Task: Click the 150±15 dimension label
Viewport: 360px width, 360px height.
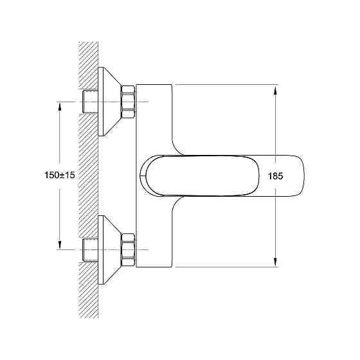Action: [x=60, y=175]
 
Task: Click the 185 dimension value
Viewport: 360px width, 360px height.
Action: [x=275, y=176]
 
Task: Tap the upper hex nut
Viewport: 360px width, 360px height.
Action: [x=128, y=102]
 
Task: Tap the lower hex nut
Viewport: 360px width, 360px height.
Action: [x=128, y=250]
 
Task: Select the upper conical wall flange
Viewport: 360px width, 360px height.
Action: [x=107, y=102]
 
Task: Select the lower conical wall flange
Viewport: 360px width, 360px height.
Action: [x=107, y=250]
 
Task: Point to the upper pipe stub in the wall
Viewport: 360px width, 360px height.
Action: [x=90, y=102]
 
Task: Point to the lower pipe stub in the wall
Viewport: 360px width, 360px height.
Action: [x=90, y=250]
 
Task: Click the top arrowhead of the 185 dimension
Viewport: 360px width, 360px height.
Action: [x=276, y=89]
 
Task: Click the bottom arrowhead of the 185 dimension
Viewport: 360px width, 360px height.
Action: [x=276, y=262]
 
